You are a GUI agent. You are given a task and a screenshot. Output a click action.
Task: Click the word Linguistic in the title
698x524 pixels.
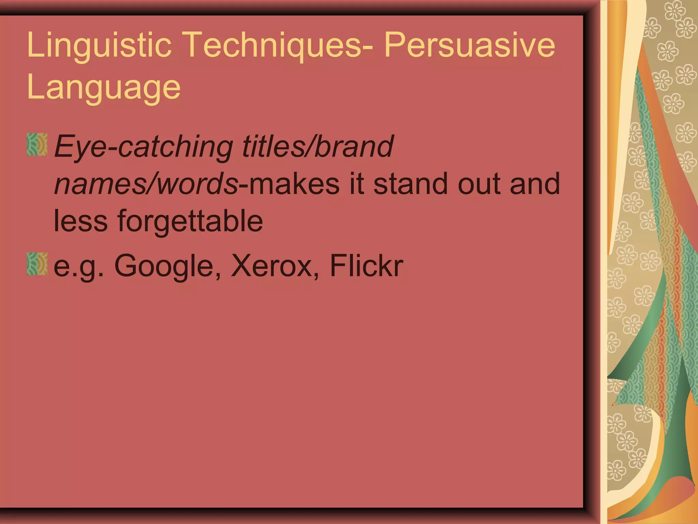[99, 45]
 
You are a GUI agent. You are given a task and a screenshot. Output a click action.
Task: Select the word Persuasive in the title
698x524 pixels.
[470, 45]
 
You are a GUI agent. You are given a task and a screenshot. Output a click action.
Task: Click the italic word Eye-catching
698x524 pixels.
[143, 147]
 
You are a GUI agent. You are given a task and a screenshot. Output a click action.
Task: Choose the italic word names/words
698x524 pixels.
[146, 184]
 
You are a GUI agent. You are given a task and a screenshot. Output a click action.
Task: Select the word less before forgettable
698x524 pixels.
[80, 222]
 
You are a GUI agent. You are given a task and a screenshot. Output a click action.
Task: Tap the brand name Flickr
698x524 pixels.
[366, 266]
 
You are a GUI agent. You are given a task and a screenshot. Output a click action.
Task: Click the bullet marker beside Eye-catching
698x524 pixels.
[37, 144]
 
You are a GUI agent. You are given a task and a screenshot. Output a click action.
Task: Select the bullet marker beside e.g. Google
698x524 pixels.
[37, 264]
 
